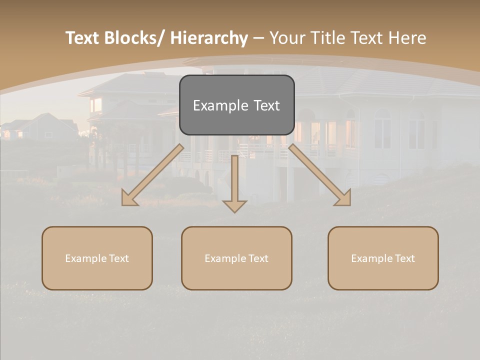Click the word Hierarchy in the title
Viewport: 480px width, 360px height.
[209, 38]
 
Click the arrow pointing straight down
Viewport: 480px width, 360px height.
[235, 180]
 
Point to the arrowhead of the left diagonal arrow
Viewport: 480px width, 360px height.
[129, 198]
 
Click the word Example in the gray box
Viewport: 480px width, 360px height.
[220, 105]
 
